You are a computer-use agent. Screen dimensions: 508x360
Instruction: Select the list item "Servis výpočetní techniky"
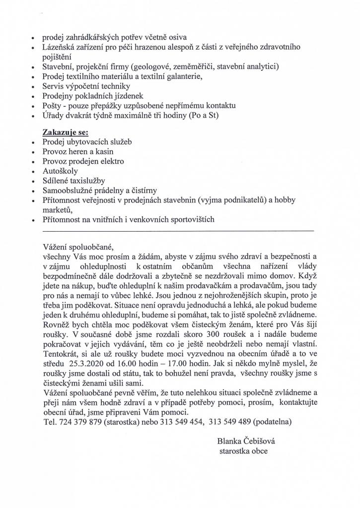(x=79, y=86)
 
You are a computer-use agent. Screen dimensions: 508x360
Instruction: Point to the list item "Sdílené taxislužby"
(x=73, y=181)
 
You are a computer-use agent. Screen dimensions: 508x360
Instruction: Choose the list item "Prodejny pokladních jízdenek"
(x=86, y=96)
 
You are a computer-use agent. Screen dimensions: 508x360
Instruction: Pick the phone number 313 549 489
(x=230, y=422)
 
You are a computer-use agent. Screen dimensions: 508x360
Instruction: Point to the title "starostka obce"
(x=243, y=450)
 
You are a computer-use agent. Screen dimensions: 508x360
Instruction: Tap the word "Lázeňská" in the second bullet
(x=59, y=47)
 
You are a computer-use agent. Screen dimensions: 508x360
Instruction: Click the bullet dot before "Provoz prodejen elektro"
(x=33, y=162)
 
